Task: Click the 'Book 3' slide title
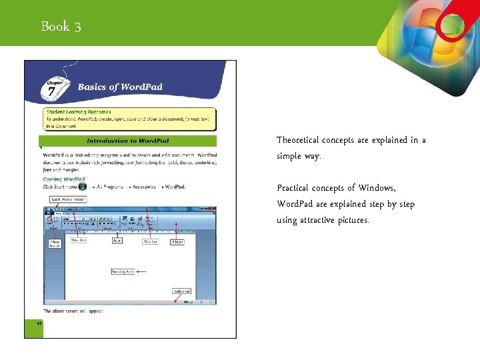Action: click(61, 27)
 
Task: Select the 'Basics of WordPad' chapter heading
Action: click(120, 87)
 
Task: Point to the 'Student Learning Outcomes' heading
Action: click(79, 112)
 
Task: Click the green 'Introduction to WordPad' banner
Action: click(127, 141)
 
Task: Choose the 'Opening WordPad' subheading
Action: click(64, 179)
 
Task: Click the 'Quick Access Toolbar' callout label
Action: click(69, 199)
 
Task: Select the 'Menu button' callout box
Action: click(55, 243)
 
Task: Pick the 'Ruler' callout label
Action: click(117, 241)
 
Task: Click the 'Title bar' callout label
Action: click(151, 241)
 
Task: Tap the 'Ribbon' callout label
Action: click(177, 241)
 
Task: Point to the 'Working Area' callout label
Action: click(123, 272)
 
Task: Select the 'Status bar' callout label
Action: click(181, 291)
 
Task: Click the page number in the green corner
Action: click(39, 323)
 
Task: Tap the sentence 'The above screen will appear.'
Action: click(73, 311)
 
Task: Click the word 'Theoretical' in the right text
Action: click(297, 140)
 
